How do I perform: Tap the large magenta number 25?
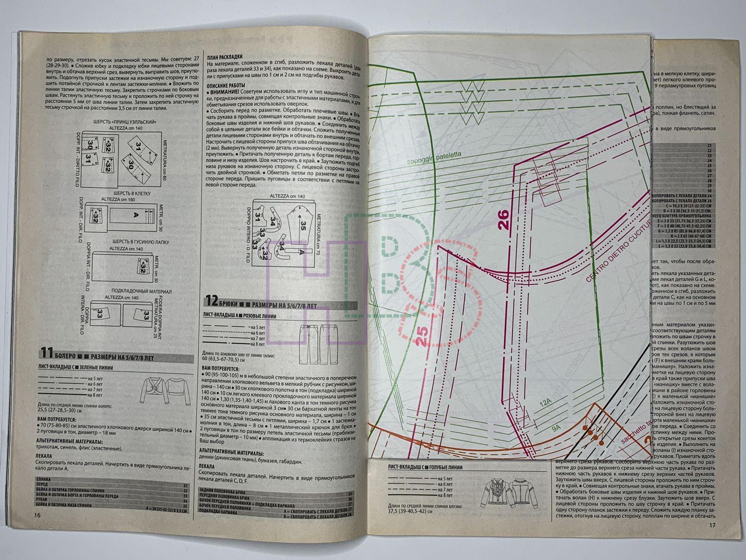[422, 336]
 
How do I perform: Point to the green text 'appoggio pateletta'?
[427, 159]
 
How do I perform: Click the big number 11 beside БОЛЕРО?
[47, 352]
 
